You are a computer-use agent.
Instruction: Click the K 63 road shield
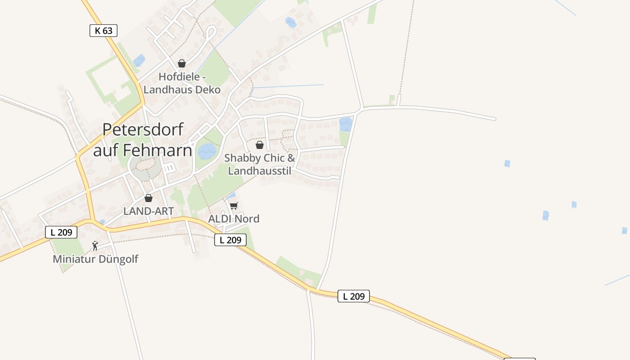click(x=103, y=31)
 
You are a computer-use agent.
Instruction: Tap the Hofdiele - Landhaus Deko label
click(x=182, y=83)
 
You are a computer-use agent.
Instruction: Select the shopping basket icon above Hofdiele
click(x=182, y=63)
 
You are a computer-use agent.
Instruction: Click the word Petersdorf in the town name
click(x=143, y=130)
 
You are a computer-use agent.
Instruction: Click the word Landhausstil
click(x=260, y=171)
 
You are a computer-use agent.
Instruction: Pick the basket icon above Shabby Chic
click(x=260, y=145)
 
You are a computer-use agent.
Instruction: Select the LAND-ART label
click(x=148, y=211)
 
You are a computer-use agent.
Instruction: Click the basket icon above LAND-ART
click(x=148, y=198)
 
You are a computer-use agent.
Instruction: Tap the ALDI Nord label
click(x=234, y=219)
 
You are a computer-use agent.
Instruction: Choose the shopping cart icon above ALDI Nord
click(x=234, y=206)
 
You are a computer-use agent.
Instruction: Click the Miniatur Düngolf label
click(x=95, y=259)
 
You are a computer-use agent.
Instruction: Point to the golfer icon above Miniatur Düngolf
click(x=95, y=246)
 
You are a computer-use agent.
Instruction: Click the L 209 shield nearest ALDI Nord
click(x=230, y=240)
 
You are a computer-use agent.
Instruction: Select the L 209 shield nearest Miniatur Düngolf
click(x=61, y=232)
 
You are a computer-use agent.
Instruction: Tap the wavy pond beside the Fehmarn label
click(x=207, y=152)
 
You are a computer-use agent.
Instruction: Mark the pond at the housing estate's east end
click(x=346, y=124)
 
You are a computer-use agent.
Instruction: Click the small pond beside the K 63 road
click(x=139, y=60)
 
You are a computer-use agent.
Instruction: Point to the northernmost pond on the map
click(x=291, y=22)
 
